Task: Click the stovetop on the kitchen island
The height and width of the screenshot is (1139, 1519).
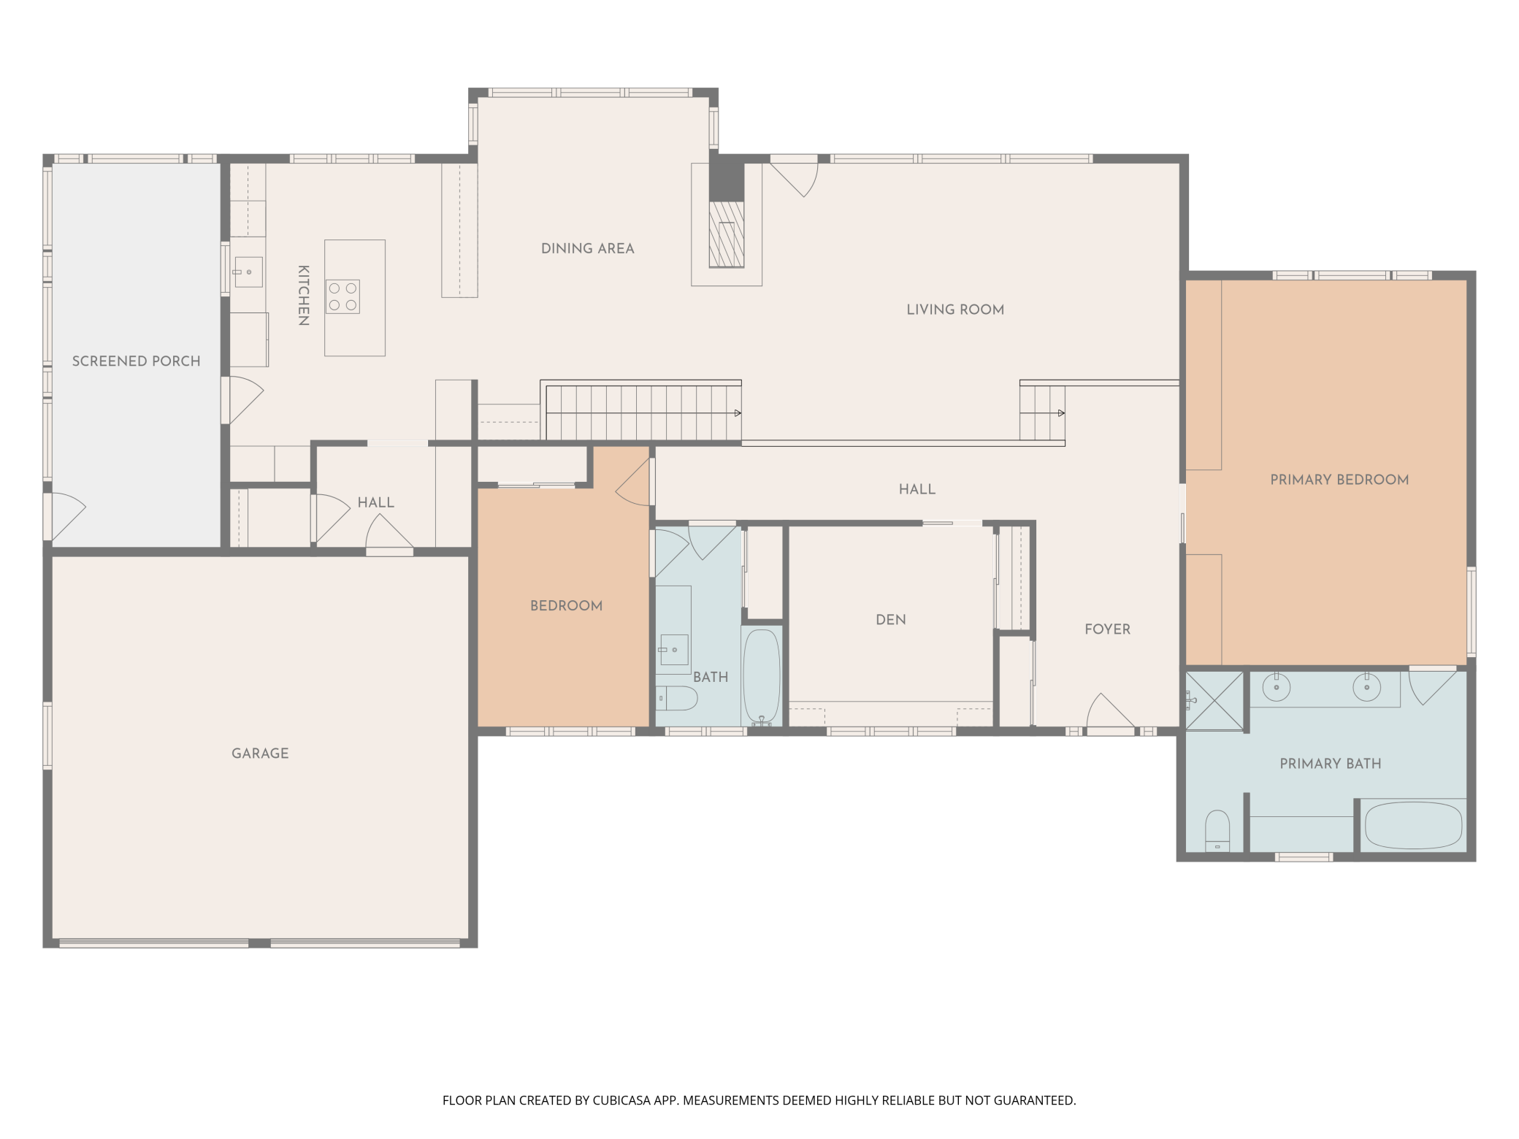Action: [343, 296]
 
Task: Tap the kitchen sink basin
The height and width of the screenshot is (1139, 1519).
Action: [248, 272]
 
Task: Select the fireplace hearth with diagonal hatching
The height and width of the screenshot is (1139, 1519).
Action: [727, 234]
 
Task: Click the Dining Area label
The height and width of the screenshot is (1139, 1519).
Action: [588, 249]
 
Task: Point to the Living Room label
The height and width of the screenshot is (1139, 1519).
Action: [955, 310]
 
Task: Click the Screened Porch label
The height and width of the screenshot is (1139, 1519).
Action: [137, 361]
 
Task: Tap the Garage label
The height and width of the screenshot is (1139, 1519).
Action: [260, 753]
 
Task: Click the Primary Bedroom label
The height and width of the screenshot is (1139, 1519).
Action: [1339, 480]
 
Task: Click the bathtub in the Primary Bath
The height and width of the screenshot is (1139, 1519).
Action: [1414, 826]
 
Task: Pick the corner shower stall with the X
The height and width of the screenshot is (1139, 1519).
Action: [1214, 701]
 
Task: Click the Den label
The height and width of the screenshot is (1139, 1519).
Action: [891, 620]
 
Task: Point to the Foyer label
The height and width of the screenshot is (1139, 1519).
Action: [1107, 629]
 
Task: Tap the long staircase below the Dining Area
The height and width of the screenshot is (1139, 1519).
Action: [643, 413]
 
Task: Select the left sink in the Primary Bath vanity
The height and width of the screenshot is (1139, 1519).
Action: [1277, 687]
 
